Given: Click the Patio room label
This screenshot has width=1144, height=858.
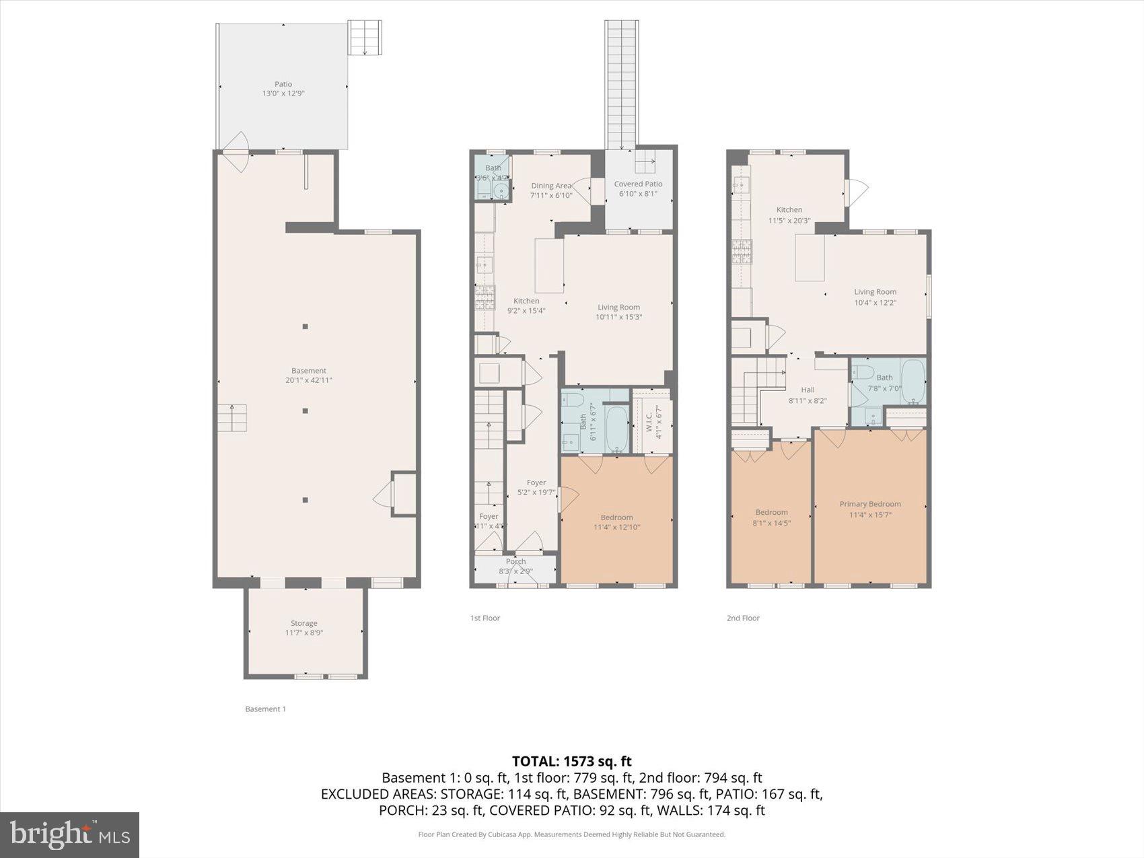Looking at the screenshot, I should click(283, 84).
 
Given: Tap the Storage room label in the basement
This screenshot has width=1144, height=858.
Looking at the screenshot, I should click(303, 623).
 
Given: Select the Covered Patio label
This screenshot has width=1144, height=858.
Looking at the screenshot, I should click(638, 184).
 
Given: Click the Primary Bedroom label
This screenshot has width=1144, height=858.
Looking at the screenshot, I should click(869, 504).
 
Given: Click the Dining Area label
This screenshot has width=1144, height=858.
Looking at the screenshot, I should click(551, 186).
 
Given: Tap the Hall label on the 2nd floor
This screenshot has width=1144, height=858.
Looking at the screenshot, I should click(808, 390).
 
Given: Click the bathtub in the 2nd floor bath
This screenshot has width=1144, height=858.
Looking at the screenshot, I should click(913, 382).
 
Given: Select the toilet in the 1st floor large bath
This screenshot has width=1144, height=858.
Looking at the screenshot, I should click(574, 400).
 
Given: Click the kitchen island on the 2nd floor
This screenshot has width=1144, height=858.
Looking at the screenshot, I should click(810, 258).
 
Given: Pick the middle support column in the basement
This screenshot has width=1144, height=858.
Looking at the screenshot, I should click(305, 410).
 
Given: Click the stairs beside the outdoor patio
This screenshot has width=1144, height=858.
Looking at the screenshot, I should click(365, 38).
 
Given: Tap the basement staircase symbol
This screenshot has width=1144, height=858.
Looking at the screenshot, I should click(232, 418).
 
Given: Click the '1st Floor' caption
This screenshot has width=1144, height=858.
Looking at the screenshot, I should click(485, 618).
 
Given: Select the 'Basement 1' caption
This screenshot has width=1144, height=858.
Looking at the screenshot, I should click(265, 709).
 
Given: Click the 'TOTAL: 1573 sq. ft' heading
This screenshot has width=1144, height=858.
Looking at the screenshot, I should click(571, 761).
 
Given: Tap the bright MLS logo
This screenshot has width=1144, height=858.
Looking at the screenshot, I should click(69, 834).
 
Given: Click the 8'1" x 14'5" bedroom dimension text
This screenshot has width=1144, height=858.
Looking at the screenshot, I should click(771, 522).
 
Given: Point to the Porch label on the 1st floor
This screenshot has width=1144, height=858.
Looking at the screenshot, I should click(515, 561).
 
